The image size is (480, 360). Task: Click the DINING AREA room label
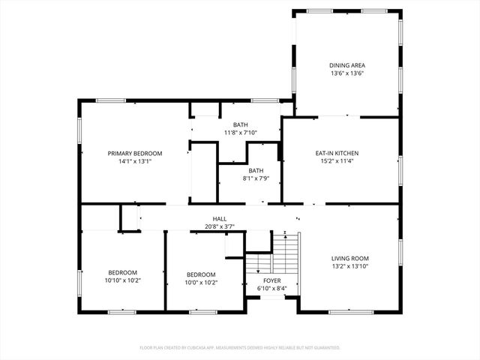pos(347,65)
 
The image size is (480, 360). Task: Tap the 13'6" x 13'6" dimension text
pos(347,73)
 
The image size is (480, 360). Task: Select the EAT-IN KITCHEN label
pos(340,153)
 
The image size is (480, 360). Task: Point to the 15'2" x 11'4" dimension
pos(340,161)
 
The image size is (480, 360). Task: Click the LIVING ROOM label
pos(350,258)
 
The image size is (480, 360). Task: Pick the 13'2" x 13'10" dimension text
pos(350,266)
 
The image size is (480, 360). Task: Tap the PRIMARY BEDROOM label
pos(134,153)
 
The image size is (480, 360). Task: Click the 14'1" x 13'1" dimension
pos(134,161)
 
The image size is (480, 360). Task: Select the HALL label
pos(219,219)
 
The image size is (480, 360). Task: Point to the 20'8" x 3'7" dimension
pos(219,226)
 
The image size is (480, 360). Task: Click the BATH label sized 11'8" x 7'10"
pos(240,124)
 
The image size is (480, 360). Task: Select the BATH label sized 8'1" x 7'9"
pos(256,170)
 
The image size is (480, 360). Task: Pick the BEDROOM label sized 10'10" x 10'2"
pos(122,273)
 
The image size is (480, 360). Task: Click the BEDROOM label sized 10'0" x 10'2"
pos(201,274)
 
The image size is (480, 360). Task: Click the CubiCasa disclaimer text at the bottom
pos(240,347)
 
